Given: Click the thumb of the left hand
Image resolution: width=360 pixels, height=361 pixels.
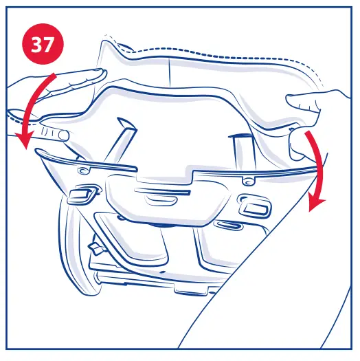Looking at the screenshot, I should [x=54, y=132].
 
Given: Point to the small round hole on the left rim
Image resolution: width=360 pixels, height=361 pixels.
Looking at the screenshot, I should [x=85, y=168].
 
